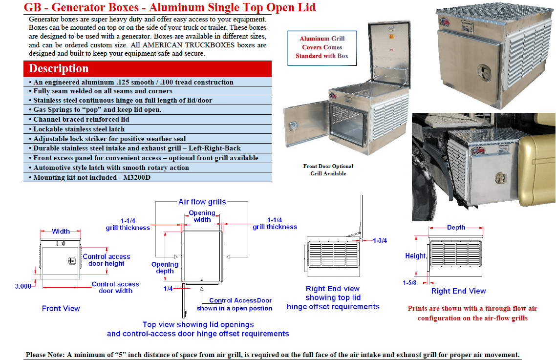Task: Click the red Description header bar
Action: tap(147, 68)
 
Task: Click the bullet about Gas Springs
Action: tap(97, 110)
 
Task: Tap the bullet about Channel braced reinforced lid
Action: tap(81, 120)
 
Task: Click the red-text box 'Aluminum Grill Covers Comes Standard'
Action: tap(322, 47)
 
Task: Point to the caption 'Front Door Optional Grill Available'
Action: tap(328, 170)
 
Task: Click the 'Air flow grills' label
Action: tap(202, 202)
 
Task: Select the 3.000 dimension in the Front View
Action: tap(23, 286)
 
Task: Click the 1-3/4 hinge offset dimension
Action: tap(380, 241)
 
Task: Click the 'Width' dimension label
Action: tap(61, 231)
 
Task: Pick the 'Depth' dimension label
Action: tap(456, 228)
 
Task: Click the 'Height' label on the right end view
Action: tap(415, 256)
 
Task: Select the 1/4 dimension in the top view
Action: tap(168, 289)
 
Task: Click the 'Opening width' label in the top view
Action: tap(202, 216)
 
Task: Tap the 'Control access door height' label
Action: tap(107, 260)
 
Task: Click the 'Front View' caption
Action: tap(61, 308)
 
